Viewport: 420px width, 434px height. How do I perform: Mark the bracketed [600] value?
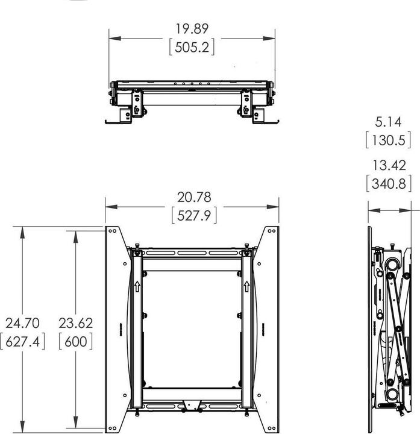click(x=75, y=341)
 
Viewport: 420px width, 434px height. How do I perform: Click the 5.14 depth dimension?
click(x=392, y=122)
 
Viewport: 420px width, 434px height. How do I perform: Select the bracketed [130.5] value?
click(x=392, y=140)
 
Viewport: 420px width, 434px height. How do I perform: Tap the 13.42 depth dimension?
click(x=392, y=166)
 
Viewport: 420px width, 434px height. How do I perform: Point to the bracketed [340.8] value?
click(x=392, y=183)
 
